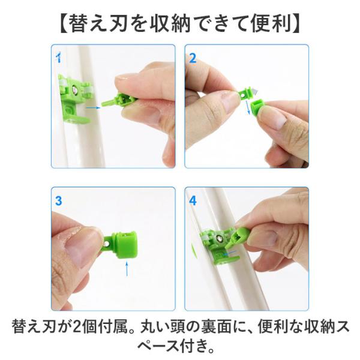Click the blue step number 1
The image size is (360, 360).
click(x=59, y=58)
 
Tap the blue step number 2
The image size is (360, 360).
click(x=193, y=58)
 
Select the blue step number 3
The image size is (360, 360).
click(x=59, y=200)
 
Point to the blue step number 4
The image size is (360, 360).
click(x=193, y=200)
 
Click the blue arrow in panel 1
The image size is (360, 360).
click(x=93, y=107)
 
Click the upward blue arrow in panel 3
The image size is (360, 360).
click(x=127, y=268)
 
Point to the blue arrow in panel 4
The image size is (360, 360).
click(x=230, y=253)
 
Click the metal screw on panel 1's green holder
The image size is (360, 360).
click(x=75, y=89)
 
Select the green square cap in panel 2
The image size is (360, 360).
click(x=258, y=109)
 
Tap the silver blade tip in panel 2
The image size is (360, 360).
click(x=256, y=91)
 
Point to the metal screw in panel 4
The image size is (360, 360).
click(x=220, y=239)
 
